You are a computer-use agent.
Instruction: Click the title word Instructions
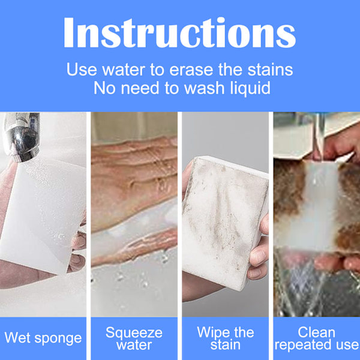point(179,32)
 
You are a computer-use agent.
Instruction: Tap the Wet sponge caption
point(43,338)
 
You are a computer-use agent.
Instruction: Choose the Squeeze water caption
point(134,338)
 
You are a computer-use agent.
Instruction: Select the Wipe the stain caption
point(226,338)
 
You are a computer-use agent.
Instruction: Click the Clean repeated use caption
point(317,338)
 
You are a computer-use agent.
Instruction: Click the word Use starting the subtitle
point(82,70)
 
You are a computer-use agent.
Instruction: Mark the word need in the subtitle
point(140,88)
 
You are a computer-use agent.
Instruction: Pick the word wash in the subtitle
point(204,88)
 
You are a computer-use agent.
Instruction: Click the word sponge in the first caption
point(58,339)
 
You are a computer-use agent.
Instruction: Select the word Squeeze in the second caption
point(134,333)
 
